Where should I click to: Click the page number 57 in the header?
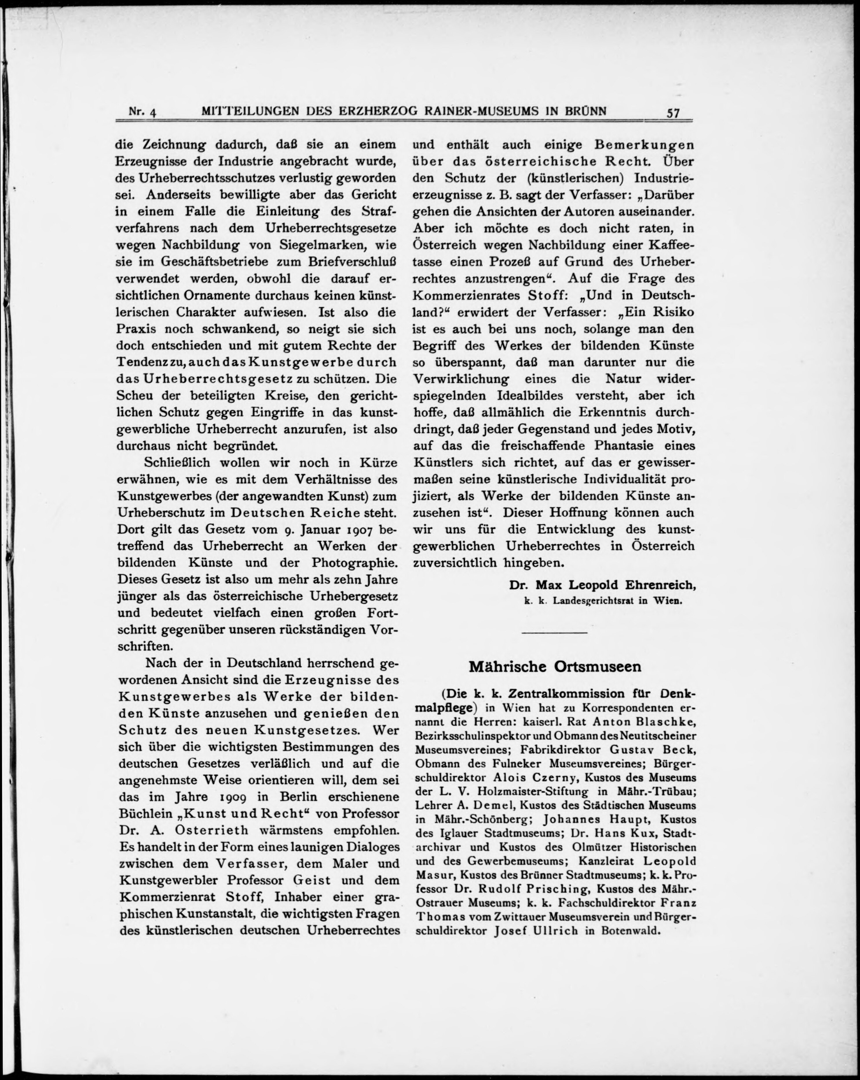click(x=673, y=113)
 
